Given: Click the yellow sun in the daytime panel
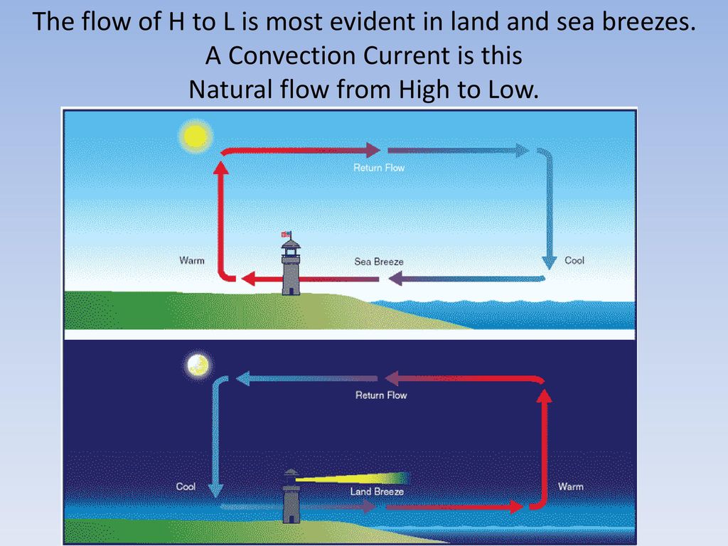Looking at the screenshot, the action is (196, 136).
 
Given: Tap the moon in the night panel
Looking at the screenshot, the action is (198, 365).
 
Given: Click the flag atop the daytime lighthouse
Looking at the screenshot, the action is (286, 234).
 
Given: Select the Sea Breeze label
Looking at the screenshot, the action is (379, 262).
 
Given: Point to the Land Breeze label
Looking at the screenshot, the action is (377, 491).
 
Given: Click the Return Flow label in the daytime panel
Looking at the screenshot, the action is (379, 168).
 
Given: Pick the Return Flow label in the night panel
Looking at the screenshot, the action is (381, 395).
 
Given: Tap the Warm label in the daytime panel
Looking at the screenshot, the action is (192, 260).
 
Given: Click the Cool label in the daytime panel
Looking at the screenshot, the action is (574, 260).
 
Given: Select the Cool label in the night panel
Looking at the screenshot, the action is (186, 486).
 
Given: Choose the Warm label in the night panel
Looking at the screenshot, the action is (571, 486).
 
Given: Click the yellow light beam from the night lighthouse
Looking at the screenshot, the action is (353, 478).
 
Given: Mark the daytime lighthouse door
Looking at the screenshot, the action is (291, 291).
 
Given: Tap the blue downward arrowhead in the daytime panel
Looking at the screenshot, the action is (550, 262).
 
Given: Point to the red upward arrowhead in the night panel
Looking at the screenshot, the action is (545, 396).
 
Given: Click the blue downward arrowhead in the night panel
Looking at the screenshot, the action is (215, 491).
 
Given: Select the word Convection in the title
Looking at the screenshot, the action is (292, 55).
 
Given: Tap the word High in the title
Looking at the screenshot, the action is (424, 89).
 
